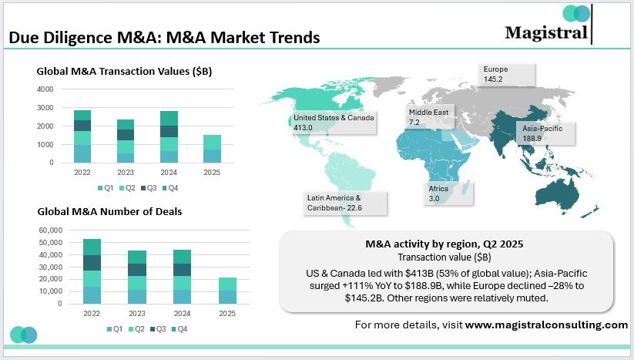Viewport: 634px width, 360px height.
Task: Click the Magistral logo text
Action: coord(546,32)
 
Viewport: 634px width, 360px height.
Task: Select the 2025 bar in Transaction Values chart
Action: coord(211,149)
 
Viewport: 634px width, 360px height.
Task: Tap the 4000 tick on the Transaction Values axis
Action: coord(45,89)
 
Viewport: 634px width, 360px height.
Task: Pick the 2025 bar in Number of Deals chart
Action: coord(227,291)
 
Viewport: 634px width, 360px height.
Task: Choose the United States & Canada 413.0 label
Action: coord(334,122)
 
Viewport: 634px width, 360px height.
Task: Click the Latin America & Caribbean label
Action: coord(345,202)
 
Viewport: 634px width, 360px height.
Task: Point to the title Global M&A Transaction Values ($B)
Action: coord(124,71)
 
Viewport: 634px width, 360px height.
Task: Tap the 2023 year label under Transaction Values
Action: coord(126,173)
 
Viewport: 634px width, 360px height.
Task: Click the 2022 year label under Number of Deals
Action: coord(92,314)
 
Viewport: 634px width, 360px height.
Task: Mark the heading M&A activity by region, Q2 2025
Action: coord(444,244)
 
